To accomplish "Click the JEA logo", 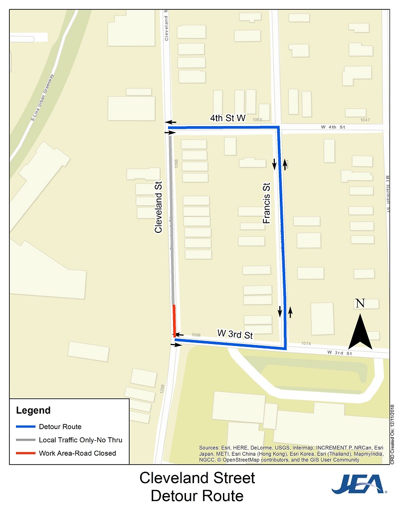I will pyautogui.click(x=359, y=485).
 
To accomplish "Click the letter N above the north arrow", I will pyautogui.click(x=361, y=304).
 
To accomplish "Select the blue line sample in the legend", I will pyautogui.click(x=25, y=427).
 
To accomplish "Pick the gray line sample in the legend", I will pyautogui.click(x=25, y=440).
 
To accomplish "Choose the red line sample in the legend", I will pyautogui.click(x=25, y=453).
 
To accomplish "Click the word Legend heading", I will pyautogui.click(x=33, y=411).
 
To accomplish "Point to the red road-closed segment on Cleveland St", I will pyautogui.click(x=174, y=320).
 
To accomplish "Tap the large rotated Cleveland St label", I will pyautogui.click(x=159, y=207).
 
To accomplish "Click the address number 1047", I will pyautogui.click(x=366, y=120).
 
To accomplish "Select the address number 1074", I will pyautogui.click(x=306, y=344).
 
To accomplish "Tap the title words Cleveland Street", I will pyautogui.click(x=197, y=478).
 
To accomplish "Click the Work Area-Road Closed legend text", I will pyautogui.click(x=77, y=453).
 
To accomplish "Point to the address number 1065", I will pyautogui.click(x=257, y=120).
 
